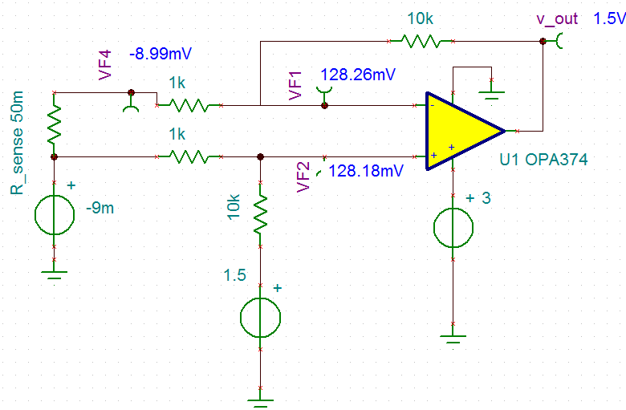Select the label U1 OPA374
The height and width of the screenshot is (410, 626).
(x=543, y=160)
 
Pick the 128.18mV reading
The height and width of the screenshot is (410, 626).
(x=365, y=171)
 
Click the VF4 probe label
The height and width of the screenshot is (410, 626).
(x=105, y=63)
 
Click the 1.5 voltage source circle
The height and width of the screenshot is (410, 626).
(x=260, y=318)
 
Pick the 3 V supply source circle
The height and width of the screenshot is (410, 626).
(x=453, y=227)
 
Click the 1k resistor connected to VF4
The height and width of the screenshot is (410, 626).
(x=189, y=104)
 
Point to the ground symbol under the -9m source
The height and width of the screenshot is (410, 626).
(x=54, y=275)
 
